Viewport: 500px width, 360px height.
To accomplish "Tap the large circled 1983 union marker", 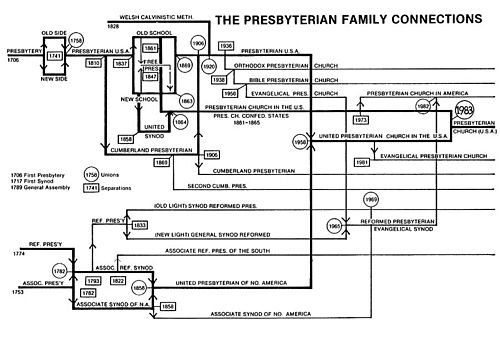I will coord(463,111).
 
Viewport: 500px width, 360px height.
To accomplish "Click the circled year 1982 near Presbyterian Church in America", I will coord(423,105).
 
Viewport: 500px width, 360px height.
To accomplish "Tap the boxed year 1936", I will coord(226,46).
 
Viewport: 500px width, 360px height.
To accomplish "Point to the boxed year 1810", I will coord(92,62).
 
